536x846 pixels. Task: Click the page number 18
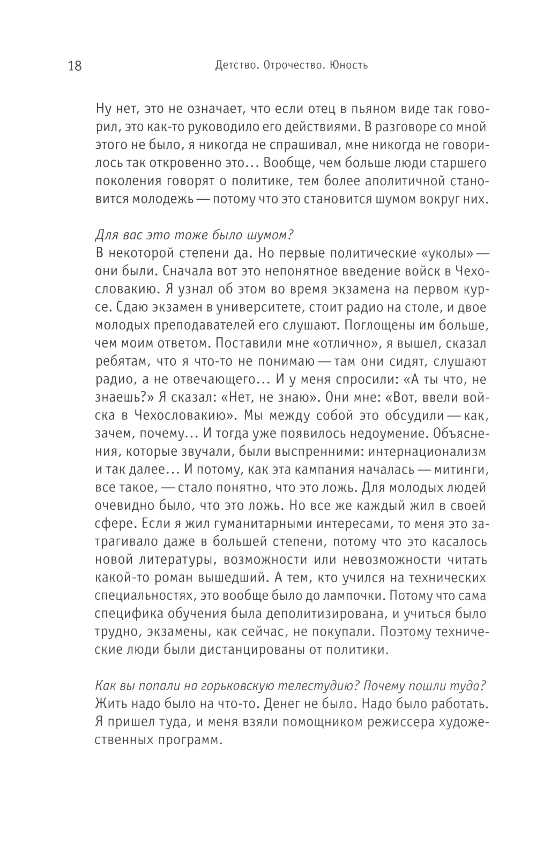(x=75, y=66)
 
